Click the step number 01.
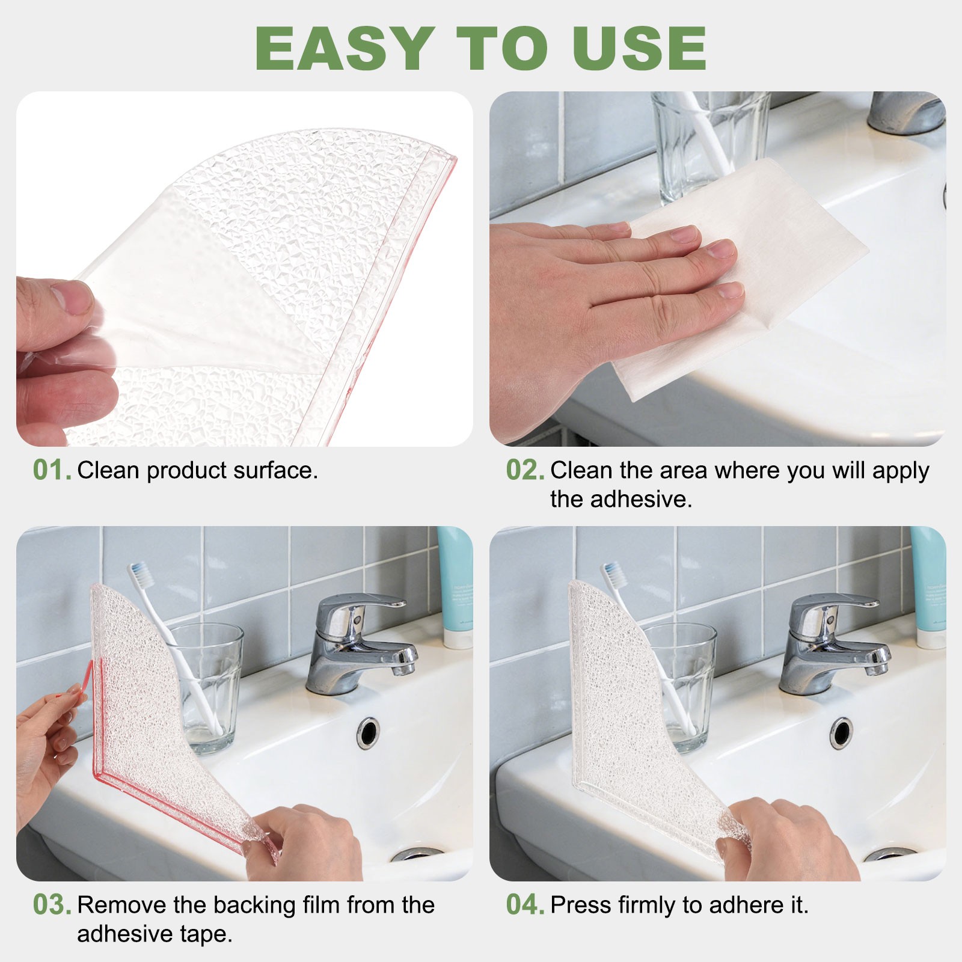click(x=52, y=471)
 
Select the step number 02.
click(x=525, y=471)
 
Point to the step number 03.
click(x=52, y=905)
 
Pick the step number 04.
click(x=525, y=905)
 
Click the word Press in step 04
click(x=578, y=905)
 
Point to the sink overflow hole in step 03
click(x=368, y=731)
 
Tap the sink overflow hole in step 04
click(x=841, y=731)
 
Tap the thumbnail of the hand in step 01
click(x=71, y=299)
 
